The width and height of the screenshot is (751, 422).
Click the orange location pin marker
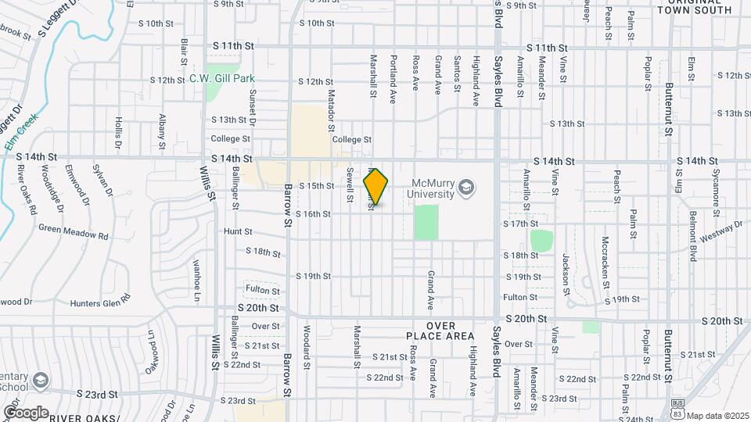point(376,188)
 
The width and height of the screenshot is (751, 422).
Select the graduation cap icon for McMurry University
point(467,188)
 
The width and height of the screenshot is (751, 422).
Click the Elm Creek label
point(18,134)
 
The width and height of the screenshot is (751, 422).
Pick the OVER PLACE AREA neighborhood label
point(440,330)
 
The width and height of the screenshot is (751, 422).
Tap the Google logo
point(26,412)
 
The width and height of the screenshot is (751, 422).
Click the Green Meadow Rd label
point(73,234)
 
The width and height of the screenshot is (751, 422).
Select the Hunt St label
point(238,232)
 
